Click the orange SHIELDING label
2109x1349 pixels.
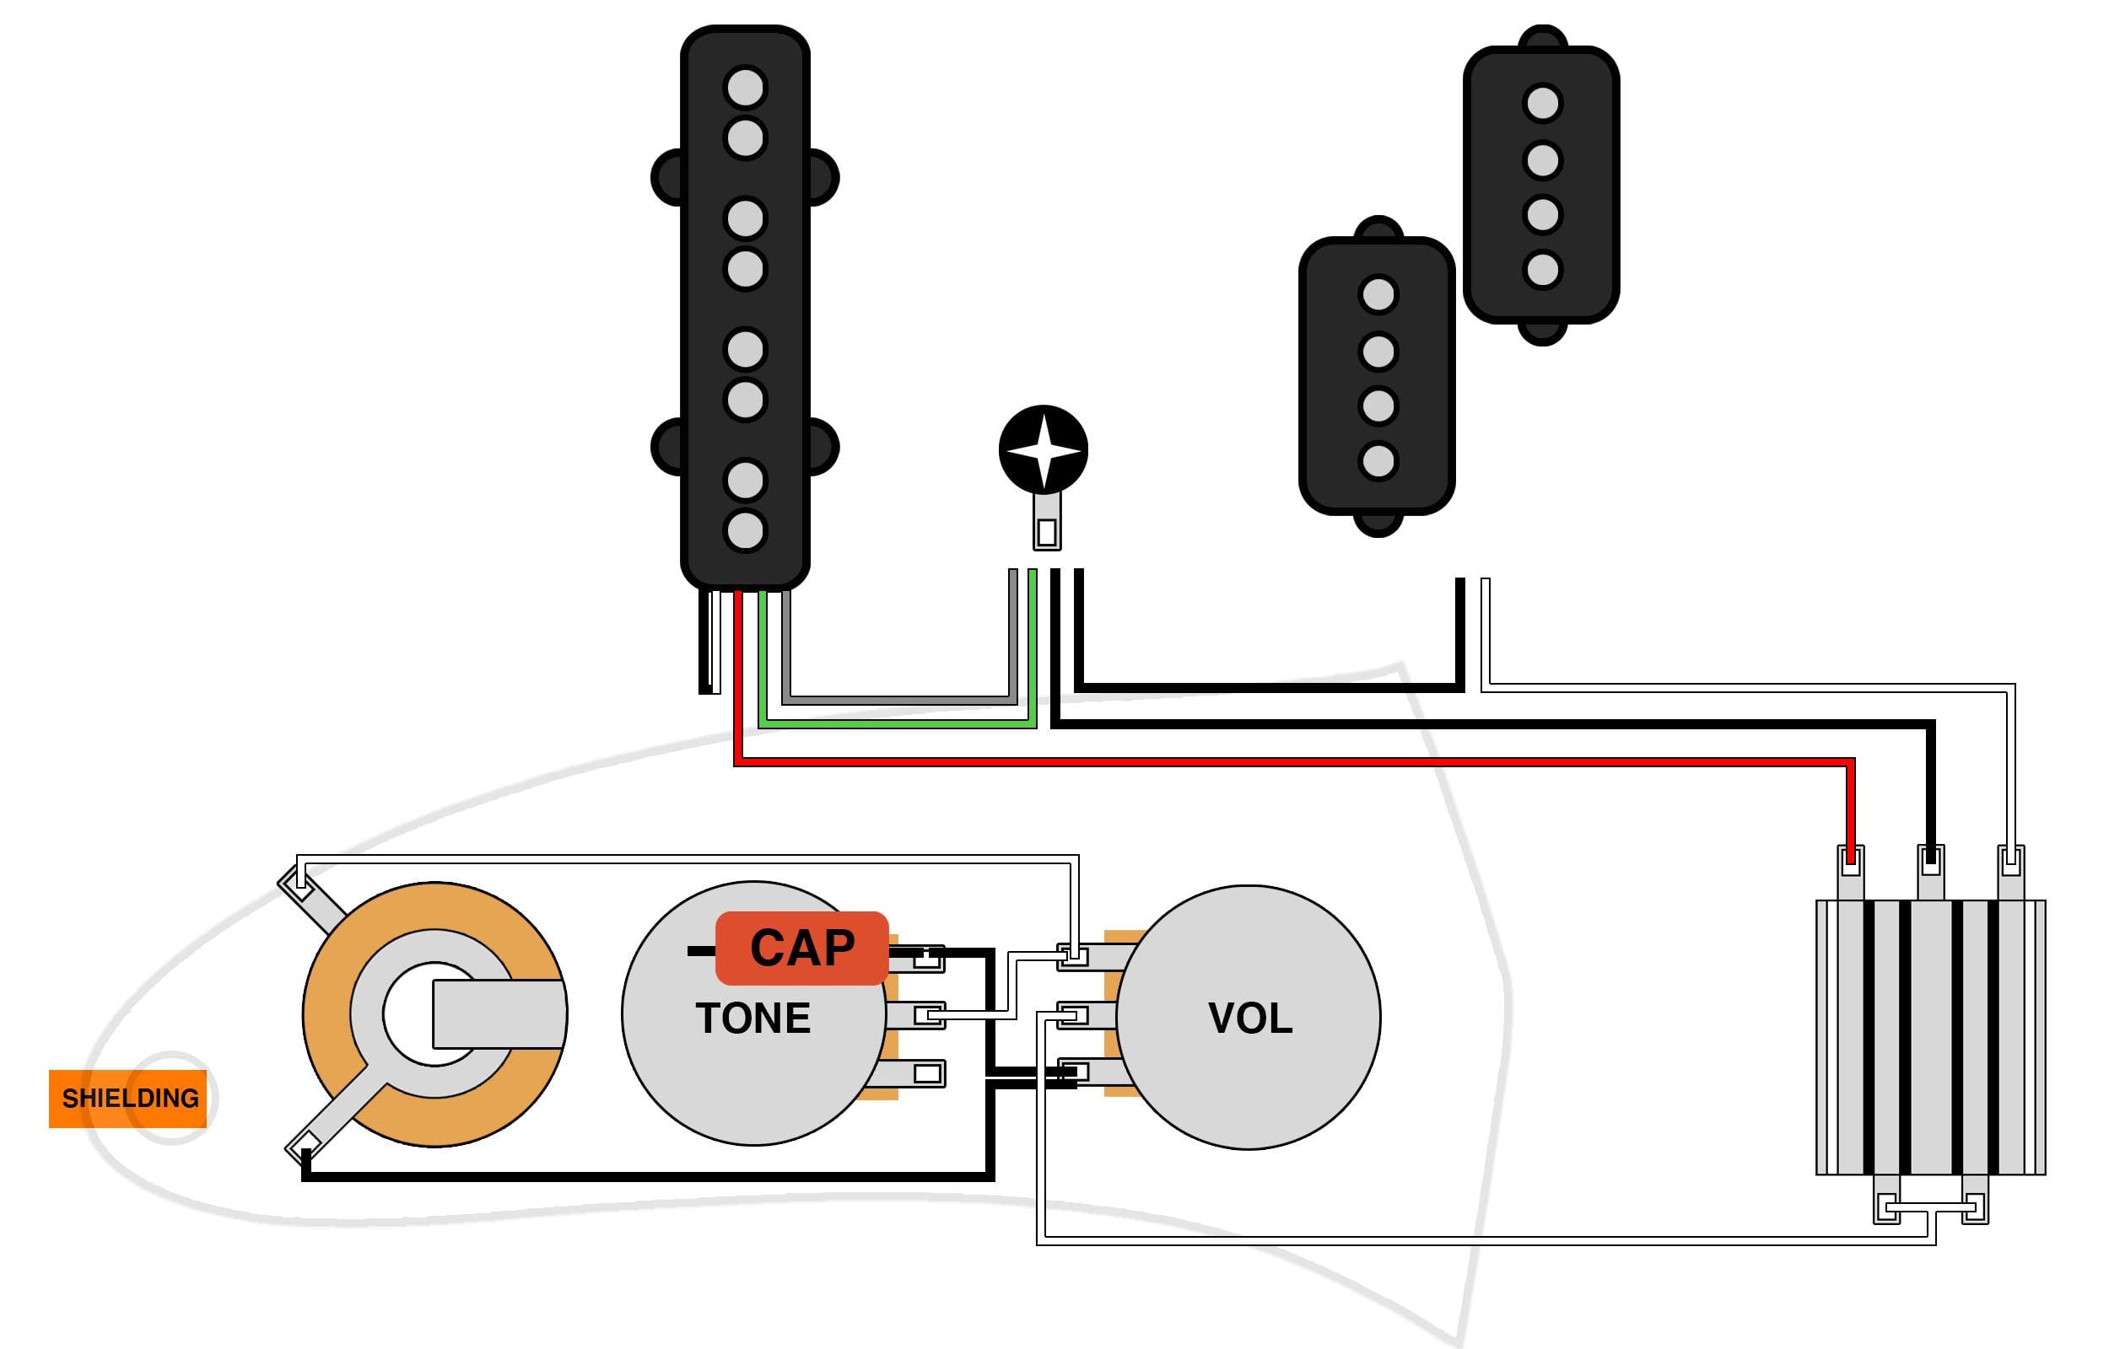click(x=128, y=1099)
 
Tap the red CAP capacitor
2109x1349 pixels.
click(x=801, y=949)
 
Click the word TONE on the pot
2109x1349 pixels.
click(x=752, y=1018)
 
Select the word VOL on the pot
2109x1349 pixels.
click(x=1250, y=1018)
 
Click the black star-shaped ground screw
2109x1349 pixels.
click(x=1044, y=450)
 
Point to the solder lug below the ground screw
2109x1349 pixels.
click(x=1047, y=523)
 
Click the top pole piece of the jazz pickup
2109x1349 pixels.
click(x=746, y=88)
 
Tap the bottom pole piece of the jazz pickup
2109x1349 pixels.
click(x=746, y=530)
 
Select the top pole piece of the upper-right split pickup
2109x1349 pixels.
click(x=1543, y=104)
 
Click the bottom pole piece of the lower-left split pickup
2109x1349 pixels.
click(x=1378, y=460)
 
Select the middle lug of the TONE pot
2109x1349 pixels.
click(x=916, y=1015)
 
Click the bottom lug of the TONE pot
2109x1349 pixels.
click(x=916, y=1073)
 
